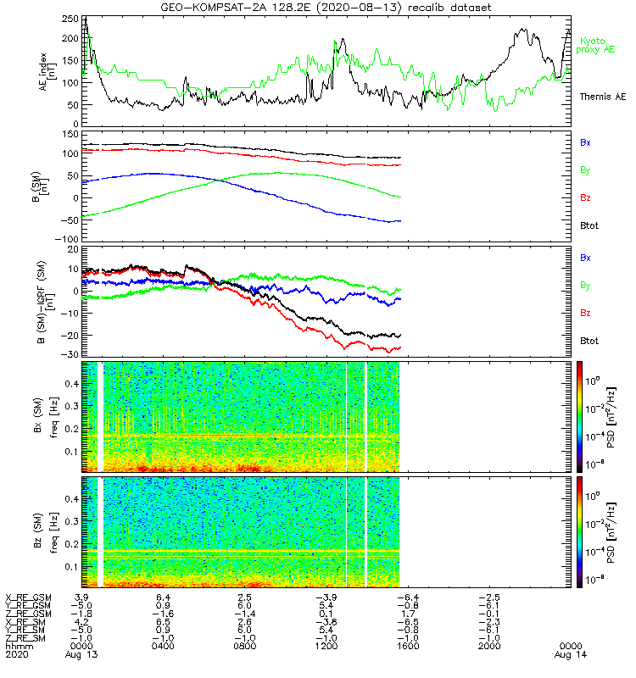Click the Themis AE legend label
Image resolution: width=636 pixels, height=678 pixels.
(x=601, y=97)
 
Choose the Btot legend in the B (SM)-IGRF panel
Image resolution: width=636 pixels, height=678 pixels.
(x=589, y=341)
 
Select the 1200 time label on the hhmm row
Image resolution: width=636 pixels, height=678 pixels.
(x=326, y=646)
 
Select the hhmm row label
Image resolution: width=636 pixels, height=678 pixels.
(x=17, y=646)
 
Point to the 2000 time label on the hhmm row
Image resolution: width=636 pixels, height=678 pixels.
(x=489, y=646)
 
